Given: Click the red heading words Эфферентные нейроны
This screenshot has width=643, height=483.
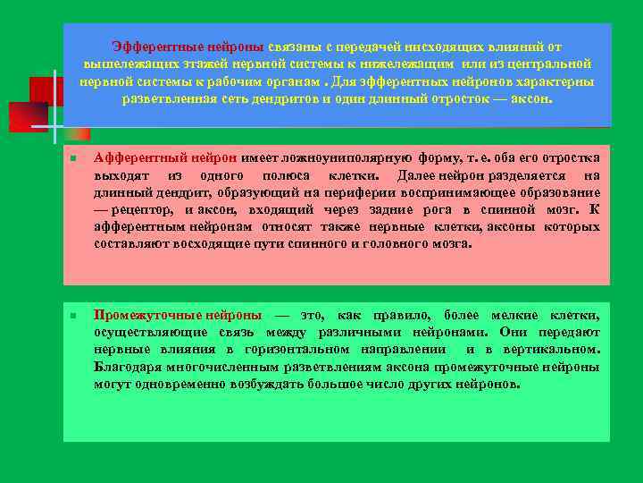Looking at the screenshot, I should tap(188, 46).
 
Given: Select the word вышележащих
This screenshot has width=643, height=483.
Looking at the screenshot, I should tap(126, 64).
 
